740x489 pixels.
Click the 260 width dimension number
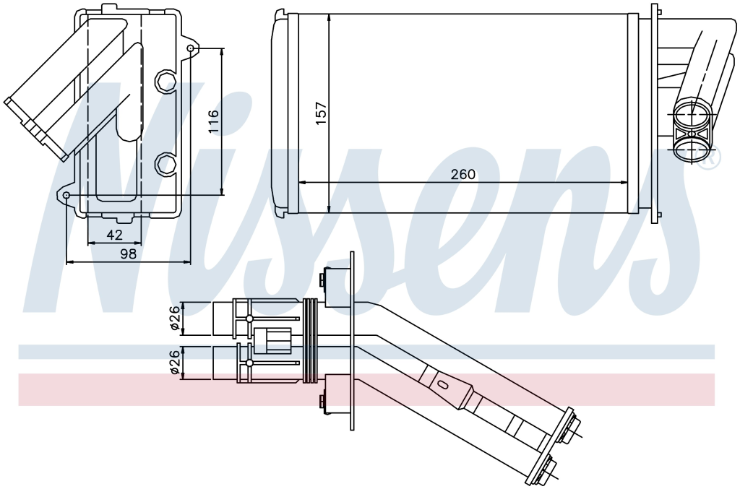click(462, 175)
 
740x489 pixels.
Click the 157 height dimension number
click(321, 113)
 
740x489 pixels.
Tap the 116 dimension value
click(213, 121)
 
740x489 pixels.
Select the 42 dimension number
click(114, 234)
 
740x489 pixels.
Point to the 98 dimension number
click(128, 254)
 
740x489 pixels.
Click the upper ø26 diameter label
click(175, 318)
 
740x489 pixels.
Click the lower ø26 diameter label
click(175, 362)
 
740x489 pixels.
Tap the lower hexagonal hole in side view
click(165, 164)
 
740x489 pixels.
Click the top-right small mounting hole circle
click(190, 48)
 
